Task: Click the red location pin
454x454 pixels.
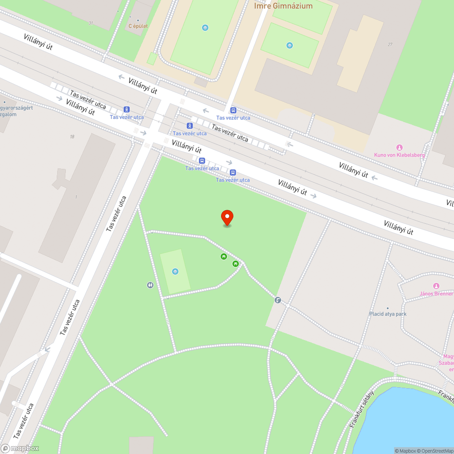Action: coord(227,217)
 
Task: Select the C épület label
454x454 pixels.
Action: coord(138,26)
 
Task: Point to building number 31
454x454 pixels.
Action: coord(91,23)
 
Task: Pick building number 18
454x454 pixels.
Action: coord(72,137)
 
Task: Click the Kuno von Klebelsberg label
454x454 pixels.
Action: coord(400,155)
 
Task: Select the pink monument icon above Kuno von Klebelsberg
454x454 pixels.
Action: coord(400,147)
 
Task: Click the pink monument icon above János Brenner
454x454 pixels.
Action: coord(436,286)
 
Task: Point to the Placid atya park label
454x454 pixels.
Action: coord(387,314)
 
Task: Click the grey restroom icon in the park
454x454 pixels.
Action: coord(150,285)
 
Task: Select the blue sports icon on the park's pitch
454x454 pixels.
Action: coord(175,271)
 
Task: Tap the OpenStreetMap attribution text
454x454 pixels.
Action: coord(435,451)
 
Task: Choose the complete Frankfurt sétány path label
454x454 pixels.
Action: coord(362,409)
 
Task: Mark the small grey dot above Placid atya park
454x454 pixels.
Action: coord(387,308)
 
